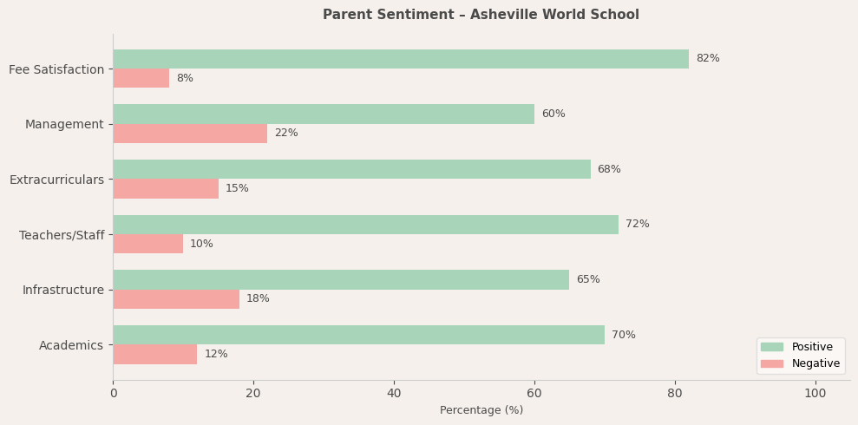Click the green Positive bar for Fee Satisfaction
[401, 59]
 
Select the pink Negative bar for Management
[190, 134]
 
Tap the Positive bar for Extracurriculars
[351, 169]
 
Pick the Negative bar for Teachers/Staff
[147, 244]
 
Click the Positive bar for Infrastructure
[341, 279]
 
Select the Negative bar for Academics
[154, 354]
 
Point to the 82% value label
[707, 59]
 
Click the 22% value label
[285, 134]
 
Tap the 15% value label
[237, 189]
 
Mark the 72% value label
[637, 225]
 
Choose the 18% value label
[258, 299]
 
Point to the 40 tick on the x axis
[394, 394]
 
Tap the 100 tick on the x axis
[815, 394]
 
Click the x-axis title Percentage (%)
[481, 411]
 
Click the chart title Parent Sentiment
[481, 15]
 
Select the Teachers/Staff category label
[62, 235]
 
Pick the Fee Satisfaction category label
[56, 69]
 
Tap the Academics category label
[71, 345]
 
